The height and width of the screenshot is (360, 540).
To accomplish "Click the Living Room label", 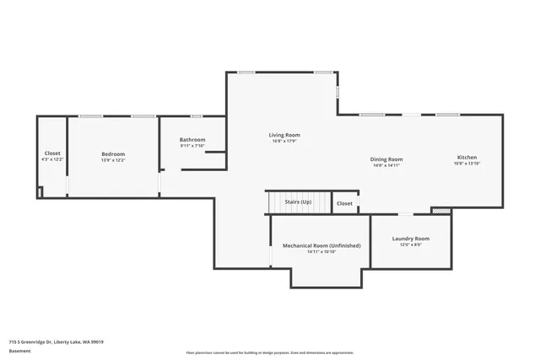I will point(284,135).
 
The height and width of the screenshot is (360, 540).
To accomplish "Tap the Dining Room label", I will point(387,159).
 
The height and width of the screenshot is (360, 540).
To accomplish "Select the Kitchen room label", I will point(467,158).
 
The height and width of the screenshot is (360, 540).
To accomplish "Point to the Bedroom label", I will point(113,153).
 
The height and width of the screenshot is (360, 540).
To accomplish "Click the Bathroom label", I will point(192,140).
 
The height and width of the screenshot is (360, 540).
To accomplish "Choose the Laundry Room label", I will point(411,239).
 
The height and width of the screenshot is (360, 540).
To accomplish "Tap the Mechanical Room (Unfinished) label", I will point(321,245).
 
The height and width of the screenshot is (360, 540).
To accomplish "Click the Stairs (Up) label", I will point(298,202).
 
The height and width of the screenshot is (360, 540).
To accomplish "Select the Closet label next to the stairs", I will point(344,203).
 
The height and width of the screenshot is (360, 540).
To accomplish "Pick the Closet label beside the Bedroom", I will point(52,153).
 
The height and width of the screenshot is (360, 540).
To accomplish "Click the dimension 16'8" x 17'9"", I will point(284,141).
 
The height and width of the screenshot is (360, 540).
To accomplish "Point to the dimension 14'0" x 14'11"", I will point(387,165).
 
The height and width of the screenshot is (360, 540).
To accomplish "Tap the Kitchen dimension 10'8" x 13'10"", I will point(467,164).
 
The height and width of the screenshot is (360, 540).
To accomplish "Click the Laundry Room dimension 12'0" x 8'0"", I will point(411,244).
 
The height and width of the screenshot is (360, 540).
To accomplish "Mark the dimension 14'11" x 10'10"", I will point(321,251).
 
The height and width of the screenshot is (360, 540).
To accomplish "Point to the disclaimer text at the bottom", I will point(270,352).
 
